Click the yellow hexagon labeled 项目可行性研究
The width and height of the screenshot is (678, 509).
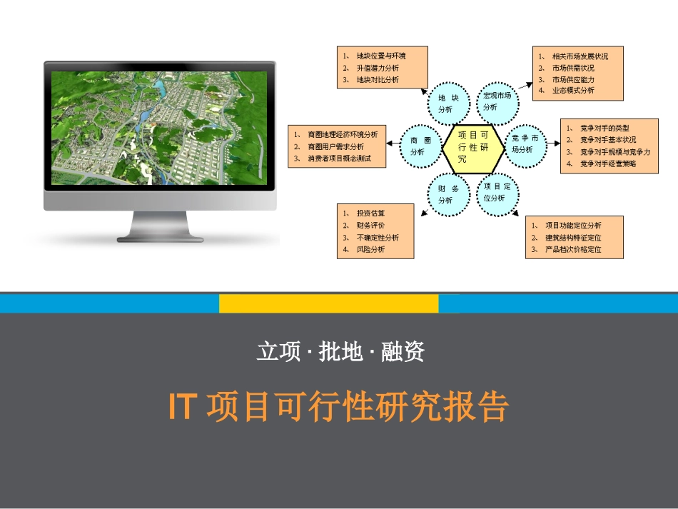(x=472, y=147)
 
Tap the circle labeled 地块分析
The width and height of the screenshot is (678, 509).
(x=448, y=103)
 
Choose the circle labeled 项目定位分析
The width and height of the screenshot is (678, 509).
(x=497, y=192)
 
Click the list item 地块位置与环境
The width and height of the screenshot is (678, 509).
(x=381, y=55)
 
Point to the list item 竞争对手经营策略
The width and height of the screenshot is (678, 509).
(x=607, y=164)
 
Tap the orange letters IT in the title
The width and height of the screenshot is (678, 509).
(x=182, y=407)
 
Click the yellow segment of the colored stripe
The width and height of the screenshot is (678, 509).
(x=328, y=303)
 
